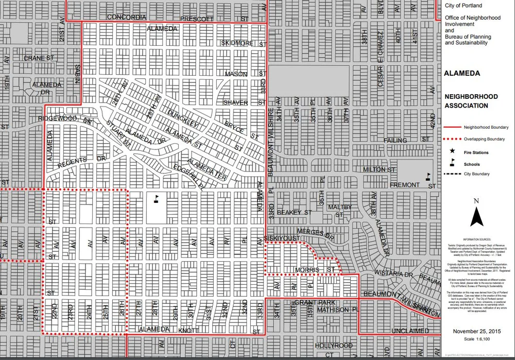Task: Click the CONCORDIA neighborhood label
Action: coord(127,17)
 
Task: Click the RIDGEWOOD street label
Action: coord(57,119)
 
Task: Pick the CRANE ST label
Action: coord(39,58)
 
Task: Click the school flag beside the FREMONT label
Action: coord(427,176)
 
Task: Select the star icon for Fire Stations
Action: coord(452,151)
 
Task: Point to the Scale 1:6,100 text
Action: coord(476,340)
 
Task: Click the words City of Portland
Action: coord(463,6)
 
